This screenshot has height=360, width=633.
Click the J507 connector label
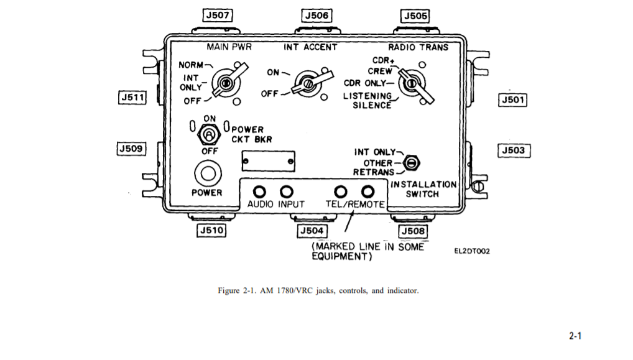[x=218, y=16]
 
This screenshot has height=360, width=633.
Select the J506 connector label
[x=317, y=16]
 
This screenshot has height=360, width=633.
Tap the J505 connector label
[x=415, y=16]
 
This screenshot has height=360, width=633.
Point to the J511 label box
[x=132, y=98]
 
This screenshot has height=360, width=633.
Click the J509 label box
[x=131, y=149]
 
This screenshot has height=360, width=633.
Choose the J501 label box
[x=513, y=100]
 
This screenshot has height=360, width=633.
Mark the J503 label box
[x=514, y=150]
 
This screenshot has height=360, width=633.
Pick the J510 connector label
[x=211, y=231]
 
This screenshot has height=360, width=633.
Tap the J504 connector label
[x=312, y=231]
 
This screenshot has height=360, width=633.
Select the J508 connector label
[x=413, y=231]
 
